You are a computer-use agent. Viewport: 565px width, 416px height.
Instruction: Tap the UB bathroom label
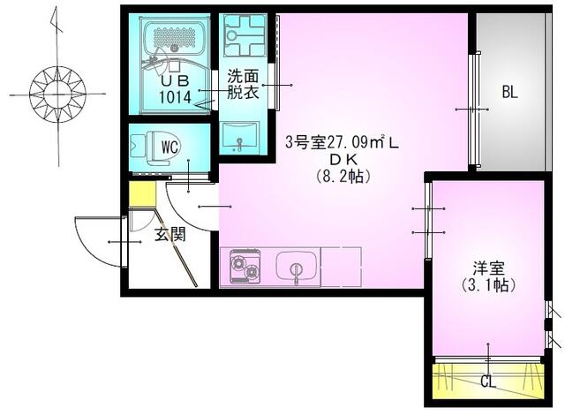174,79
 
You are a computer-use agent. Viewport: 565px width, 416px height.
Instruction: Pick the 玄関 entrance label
170,235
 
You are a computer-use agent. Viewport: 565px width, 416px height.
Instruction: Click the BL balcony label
509,91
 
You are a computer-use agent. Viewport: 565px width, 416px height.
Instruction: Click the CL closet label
488,382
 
